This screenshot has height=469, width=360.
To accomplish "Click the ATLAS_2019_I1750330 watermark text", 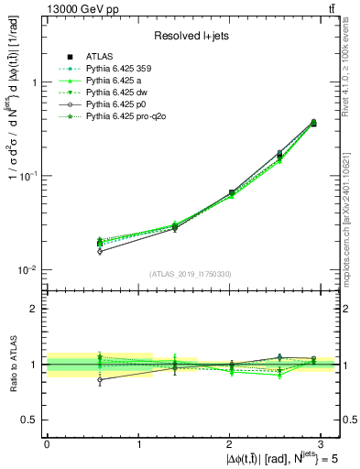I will point(191,274).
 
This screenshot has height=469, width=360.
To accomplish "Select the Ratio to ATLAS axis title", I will point(13,365).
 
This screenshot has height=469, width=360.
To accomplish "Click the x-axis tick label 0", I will point(47,443).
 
